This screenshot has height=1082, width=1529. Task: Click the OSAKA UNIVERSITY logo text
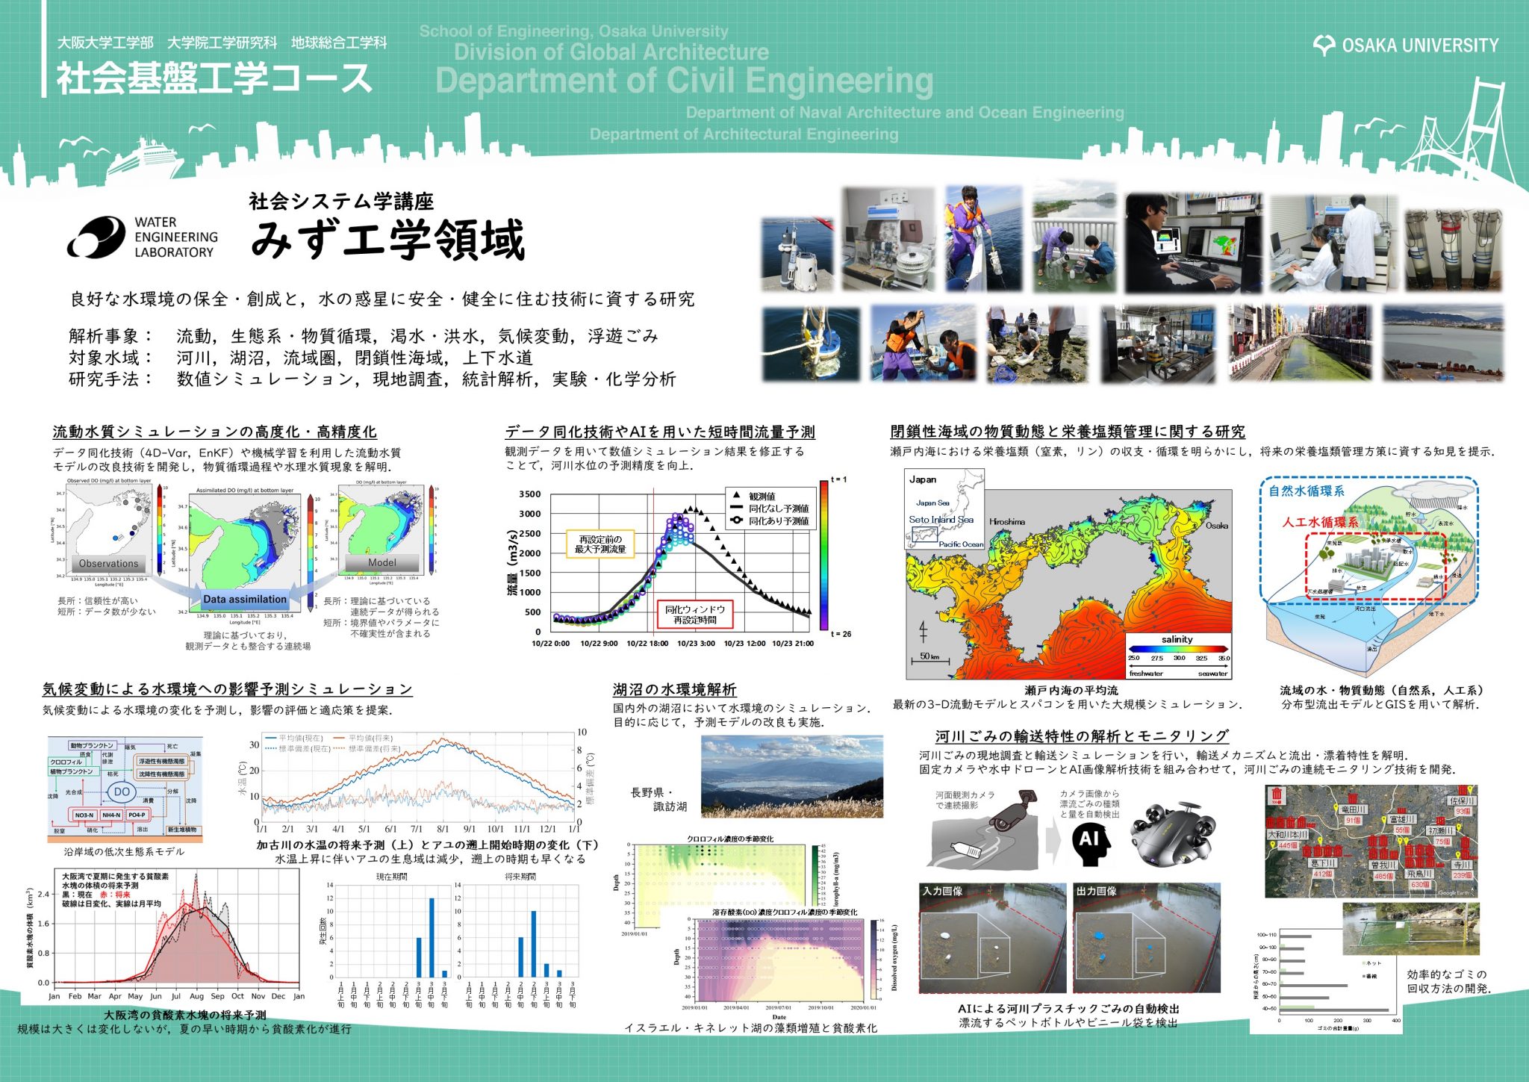pyautogui.click(x=1419, y=46)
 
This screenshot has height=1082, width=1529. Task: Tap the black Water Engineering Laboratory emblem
pyautogui.click(x=96, y=237)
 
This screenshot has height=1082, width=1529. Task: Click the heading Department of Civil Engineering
pyautogui.click(x=684, y=81)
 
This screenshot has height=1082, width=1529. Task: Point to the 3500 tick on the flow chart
pyautogui.click(x=530, y=494)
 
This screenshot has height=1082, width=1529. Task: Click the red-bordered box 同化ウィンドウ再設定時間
pyautogui.click(x=694, y=615)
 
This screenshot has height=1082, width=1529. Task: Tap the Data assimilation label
pyautogui.click(x=245, y=599)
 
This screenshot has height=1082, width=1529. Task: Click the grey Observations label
pyautogui.click(x=109, y=564)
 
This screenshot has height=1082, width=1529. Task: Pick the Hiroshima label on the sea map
pyautogui.click(x=1007, y=521)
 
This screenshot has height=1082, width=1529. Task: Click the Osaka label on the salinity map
pyautogui.click(x=1216, y=526)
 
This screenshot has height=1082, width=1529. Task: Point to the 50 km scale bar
pyautogui.click(x=929, y=658)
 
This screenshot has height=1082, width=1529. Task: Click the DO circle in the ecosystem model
pyautogui.click(x=122, y=792)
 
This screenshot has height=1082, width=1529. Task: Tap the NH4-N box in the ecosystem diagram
pyautogui.click(x=111, y=815)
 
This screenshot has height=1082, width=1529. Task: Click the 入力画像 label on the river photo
pyautogui.click(x=943, y=891)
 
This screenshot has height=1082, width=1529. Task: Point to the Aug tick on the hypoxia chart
pyautogui.click(x=196, y=996)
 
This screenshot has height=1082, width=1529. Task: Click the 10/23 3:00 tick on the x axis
pyautogui.click(x=696, y=644)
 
